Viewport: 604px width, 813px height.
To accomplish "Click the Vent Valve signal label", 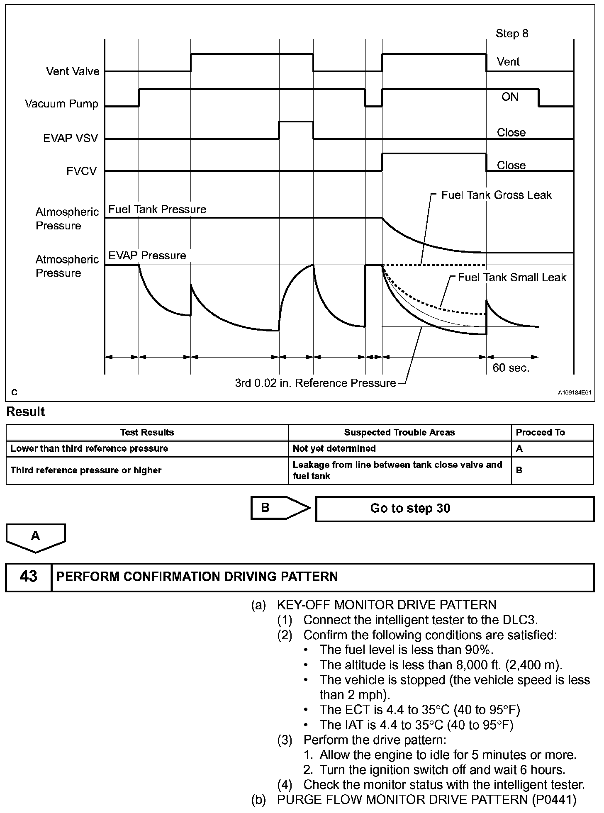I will point(73,71).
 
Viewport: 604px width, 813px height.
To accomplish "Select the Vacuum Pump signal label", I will point(61,104).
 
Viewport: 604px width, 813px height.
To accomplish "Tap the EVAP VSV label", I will point(71,138).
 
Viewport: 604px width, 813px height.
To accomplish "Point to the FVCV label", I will point(81,171).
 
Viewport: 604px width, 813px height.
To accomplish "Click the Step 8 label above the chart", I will point(512,34).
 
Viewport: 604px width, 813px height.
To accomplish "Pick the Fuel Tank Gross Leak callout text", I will point(497,195).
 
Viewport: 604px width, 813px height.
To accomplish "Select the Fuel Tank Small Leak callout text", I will point(512,277).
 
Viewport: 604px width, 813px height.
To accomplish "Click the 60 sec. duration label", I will point(511,368).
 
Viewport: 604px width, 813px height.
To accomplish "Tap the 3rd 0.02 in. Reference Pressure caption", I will point(315,383).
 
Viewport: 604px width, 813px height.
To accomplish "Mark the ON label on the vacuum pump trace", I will point(510,97).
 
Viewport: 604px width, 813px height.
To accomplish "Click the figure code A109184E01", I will point(574,392).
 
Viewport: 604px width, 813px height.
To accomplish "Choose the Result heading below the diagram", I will point(26,412).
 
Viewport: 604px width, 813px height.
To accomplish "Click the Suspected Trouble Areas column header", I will point(399,432).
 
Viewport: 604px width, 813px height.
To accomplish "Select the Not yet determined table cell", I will point(334,448).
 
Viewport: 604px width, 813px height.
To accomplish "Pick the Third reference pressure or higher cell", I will point(86,470).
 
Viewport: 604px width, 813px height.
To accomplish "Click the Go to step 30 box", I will point(455,509).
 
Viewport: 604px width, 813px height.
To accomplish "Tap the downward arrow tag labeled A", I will point(36,537).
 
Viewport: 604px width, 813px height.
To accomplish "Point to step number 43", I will point(28,577).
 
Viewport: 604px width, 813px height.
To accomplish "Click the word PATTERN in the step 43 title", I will point(309,577).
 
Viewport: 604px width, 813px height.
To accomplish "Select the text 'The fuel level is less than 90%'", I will point(406,650).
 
